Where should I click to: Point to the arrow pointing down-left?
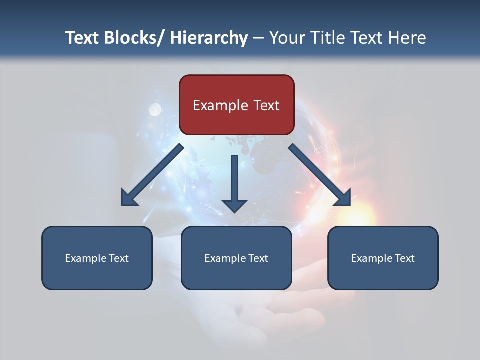click(x=152, y=175)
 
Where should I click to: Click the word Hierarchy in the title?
click(x=209, y=38)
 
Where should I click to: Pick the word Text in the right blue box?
click(x=404, y=258)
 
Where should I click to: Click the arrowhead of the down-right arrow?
click(x=342, y=197)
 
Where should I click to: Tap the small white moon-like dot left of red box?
click(x=155, y=109)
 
